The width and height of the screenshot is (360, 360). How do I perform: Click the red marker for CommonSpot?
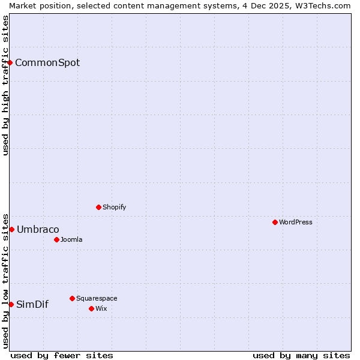point(10,62)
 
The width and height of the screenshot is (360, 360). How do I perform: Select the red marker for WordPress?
point(275,222)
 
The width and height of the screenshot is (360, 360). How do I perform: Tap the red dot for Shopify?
point(98,207)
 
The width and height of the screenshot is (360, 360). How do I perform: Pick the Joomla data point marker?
point(56,239)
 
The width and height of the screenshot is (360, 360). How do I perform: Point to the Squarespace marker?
point(72,298)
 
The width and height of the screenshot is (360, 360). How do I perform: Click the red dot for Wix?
point(91,308)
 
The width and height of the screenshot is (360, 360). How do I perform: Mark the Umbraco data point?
point(11,229)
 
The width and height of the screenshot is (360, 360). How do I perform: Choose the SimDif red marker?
point(11,304)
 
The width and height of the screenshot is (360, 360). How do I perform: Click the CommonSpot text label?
point(47,63)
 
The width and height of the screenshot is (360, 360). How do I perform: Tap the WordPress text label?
point(296,222)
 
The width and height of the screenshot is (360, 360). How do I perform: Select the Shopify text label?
point(115,207)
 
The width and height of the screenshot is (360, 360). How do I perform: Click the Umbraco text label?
point(38,230)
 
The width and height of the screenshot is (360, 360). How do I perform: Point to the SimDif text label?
point(32,305)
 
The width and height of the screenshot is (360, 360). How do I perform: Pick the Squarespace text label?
point(97,298)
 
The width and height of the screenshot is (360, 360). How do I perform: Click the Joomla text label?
point(71,239)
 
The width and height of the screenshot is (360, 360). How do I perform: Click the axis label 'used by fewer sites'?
point(62,355)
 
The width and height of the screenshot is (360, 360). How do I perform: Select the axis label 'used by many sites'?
point(301,355)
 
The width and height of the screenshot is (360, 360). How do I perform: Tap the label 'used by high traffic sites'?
point(5,85)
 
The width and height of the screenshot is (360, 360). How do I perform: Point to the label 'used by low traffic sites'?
point(5,280)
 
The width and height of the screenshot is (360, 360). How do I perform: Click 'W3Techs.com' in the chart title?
point(321,5)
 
